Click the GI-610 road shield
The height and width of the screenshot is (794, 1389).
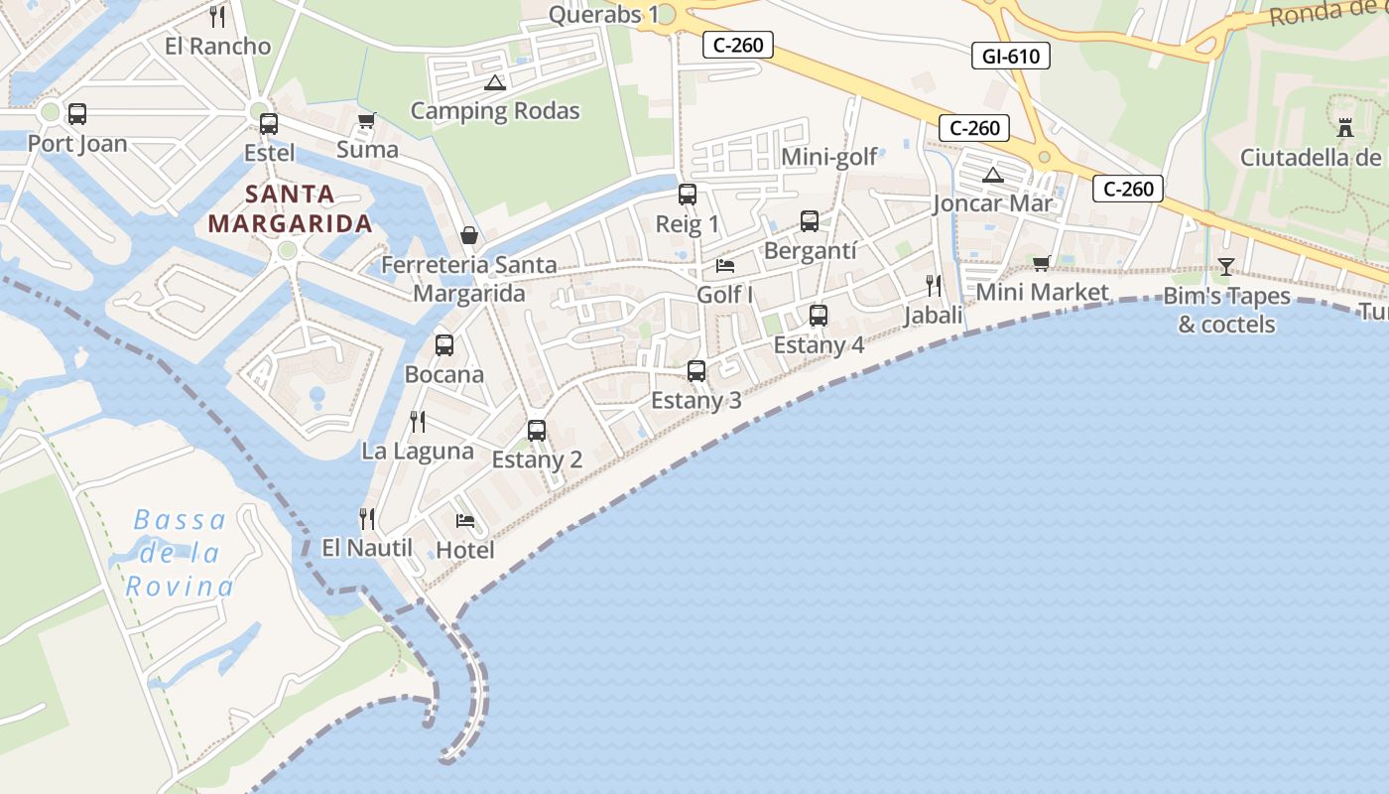(x=1010, y=57)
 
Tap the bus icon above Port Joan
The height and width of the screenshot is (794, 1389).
(x=76, y=114)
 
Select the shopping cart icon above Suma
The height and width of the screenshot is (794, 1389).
(x=366, y=121)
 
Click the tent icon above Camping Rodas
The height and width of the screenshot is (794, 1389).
(x=495, y=82)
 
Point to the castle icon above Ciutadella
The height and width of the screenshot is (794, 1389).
(x=1345, y=128)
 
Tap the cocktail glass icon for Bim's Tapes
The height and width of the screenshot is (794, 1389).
(x=1226, y=266)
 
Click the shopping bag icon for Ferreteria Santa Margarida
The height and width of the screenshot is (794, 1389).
(x=469, y=235)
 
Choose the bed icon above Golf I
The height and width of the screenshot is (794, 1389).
(x=725, y=266)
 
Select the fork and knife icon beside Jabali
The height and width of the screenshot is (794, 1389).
(x=933, y=286)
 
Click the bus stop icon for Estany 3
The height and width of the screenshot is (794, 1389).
(x=696, y=371)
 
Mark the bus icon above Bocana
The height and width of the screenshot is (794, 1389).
(x=444, y=345)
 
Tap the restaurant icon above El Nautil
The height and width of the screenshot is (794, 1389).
(x=366, y=518)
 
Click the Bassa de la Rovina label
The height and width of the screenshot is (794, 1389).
(x=180, y=553)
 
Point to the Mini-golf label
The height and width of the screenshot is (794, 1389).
(x=829, y=157)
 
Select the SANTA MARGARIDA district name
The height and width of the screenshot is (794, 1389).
(x=291, y=208)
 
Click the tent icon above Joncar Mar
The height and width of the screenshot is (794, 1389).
(x=992, y=176)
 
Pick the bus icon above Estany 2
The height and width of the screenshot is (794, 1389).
(x=537, y=431)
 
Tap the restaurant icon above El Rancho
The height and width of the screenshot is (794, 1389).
(x=217, y=17)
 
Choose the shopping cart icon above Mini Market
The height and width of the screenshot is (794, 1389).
(x=1041, y=263)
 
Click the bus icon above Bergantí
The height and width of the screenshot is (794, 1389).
(x=810, y=221)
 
